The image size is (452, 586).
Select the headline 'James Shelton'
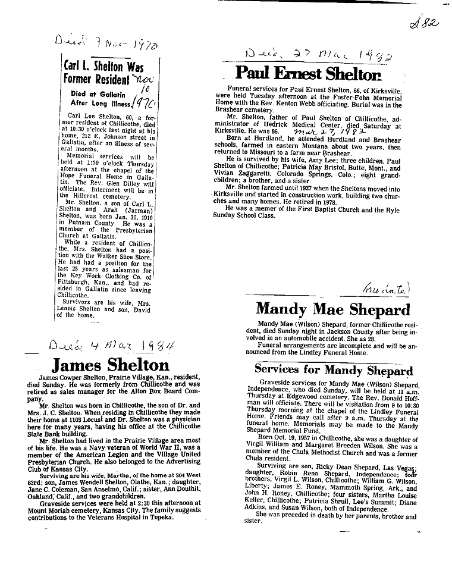click(111, 364)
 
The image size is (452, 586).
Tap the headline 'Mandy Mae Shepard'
click(332, 309)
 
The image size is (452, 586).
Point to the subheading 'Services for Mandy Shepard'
click(333, 371)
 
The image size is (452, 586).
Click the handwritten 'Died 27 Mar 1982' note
click(318, 57)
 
